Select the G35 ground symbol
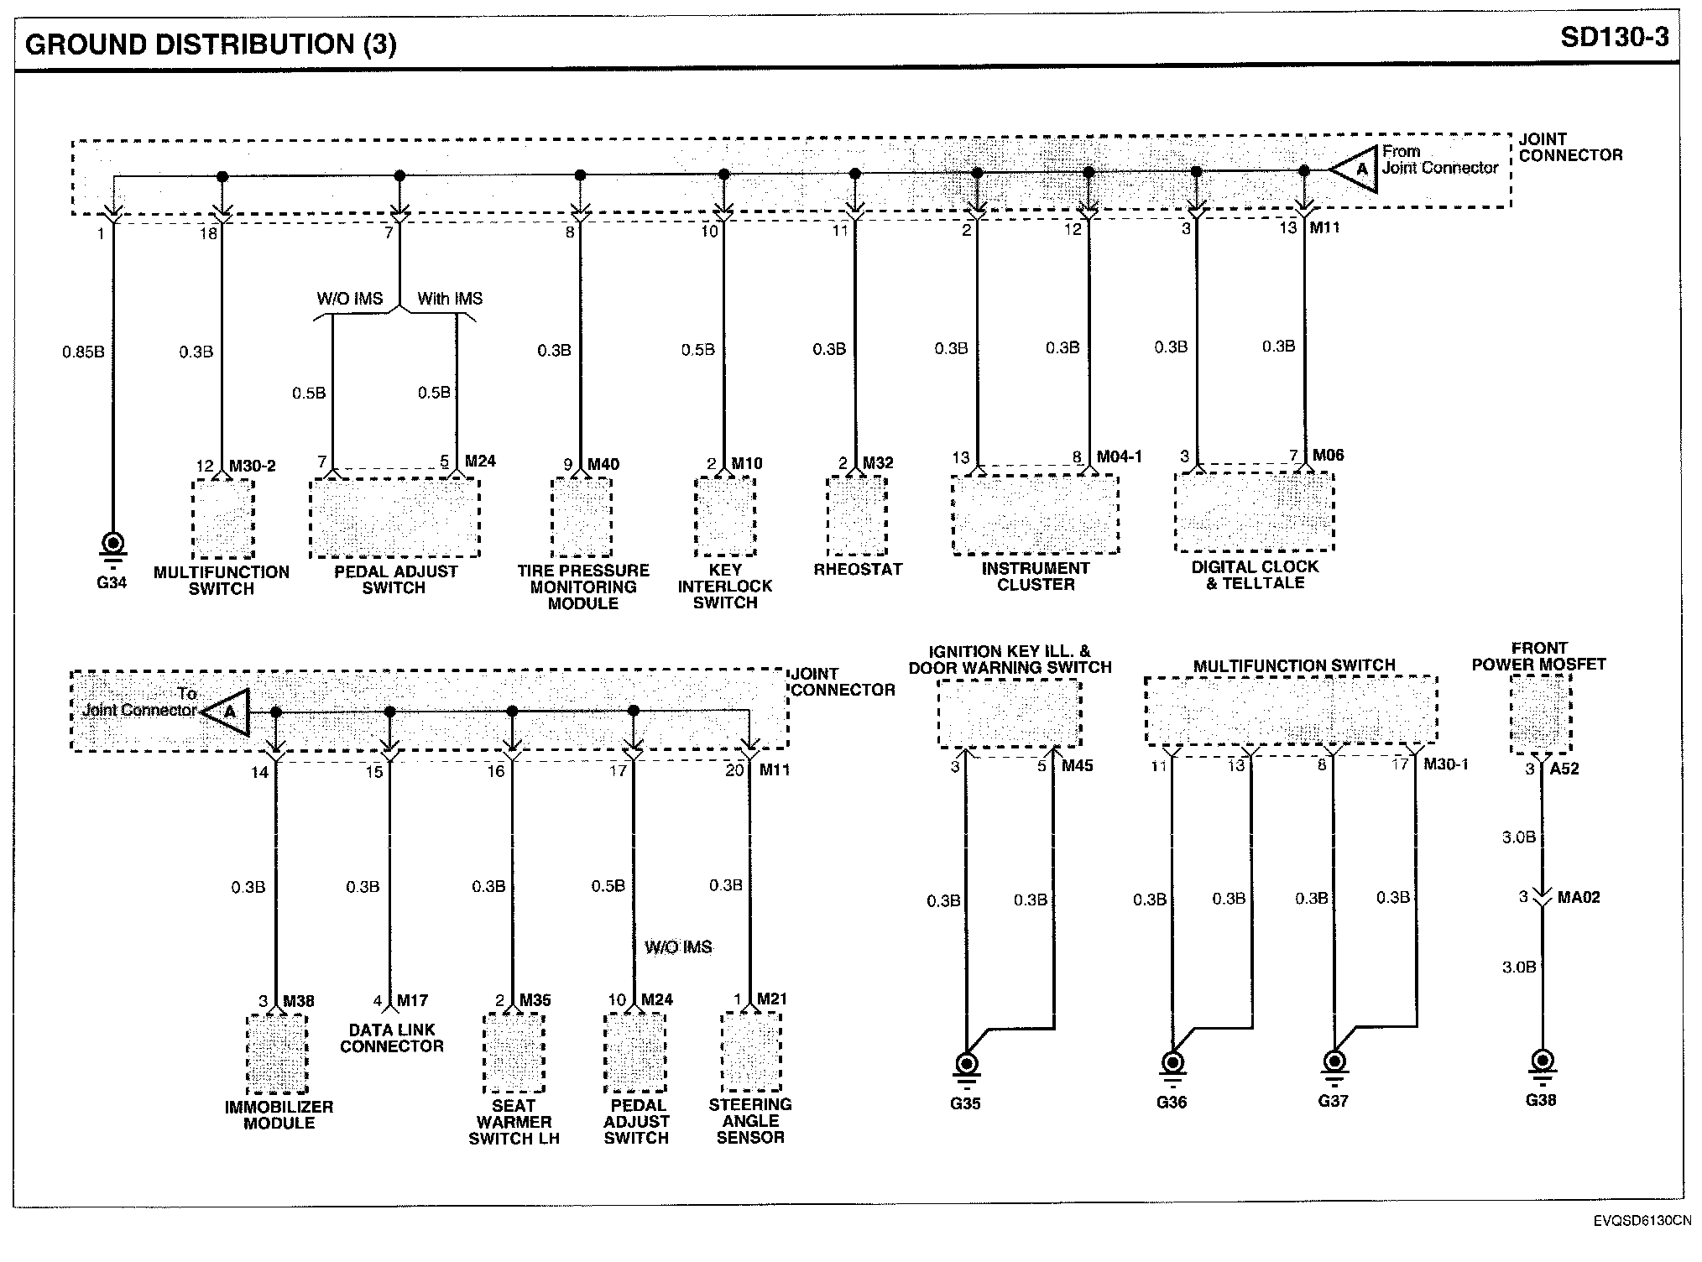click(966, 1066)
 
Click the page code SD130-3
click(1615, 38)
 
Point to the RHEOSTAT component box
click(857, 515)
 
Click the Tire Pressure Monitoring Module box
click(582, 518)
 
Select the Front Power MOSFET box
click(1541, 713)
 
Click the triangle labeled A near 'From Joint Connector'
click(1358, 169)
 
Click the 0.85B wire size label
click(83, 352)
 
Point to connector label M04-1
click(1120, 457)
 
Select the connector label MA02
click(1579, 898)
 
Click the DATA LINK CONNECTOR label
click(392, 1038)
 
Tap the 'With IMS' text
click(450, 299)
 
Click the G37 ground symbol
click(1334, 1063)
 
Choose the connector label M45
click(1077, 766)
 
